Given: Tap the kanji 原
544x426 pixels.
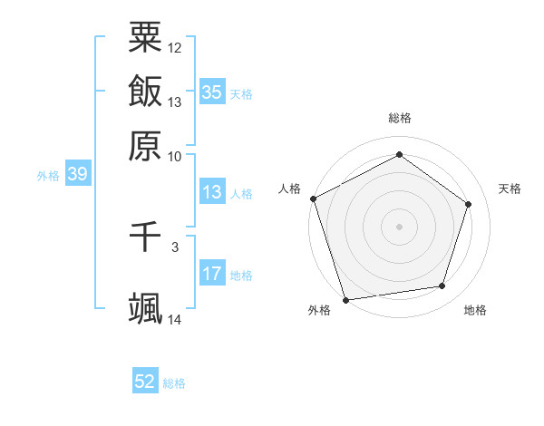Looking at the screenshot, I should [x=145, y=145].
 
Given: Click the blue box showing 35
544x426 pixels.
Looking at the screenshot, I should [x=212, y=92].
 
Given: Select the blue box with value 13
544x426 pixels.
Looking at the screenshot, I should [x=212, y=192].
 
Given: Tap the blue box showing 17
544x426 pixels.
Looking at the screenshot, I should [x=212, y=274].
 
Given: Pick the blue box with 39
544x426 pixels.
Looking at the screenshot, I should [x=77, y=175].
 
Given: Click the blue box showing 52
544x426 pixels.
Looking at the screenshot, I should [x=145, y=382].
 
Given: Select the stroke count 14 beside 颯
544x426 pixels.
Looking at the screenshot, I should [x=175, y=319].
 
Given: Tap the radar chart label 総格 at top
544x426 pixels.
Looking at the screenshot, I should [x=399, y=119].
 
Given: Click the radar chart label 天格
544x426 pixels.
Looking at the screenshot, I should [x=510, y=189].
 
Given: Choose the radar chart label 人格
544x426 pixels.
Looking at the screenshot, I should [x=290, y=189].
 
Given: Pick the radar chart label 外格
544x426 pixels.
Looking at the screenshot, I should [x=319, y=311].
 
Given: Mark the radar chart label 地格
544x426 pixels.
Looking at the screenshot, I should [x=475, y=311].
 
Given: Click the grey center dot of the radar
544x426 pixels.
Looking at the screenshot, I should [x=399, y=226].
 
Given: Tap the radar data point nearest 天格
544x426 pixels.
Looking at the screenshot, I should [x=469, y=204].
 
